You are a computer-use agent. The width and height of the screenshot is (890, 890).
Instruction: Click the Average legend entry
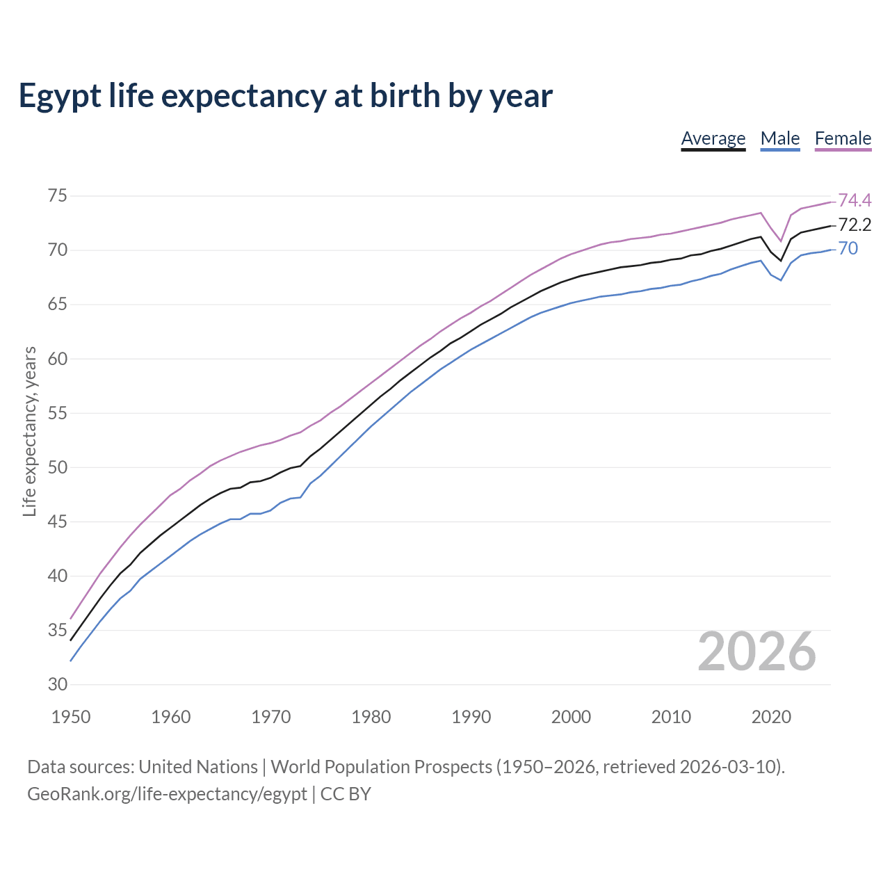(x=713, y=138)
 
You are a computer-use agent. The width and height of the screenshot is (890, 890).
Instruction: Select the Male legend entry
(x=779, y=138)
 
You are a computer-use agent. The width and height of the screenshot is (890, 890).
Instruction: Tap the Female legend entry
(x=843, y=138)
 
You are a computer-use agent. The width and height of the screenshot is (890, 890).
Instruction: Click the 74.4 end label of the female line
(x=855, y=200)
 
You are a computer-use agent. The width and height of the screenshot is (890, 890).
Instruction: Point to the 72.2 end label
(x=855, y=225)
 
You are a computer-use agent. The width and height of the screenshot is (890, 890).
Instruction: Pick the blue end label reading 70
(x=848, y=249)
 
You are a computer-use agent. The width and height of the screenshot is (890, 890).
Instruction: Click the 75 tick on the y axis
(x=58, y=196)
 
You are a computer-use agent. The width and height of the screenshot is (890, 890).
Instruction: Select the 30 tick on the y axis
(x=58, y=684)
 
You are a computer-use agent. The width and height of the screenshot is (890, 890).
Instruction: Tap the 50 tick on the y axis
(x=58, y=467)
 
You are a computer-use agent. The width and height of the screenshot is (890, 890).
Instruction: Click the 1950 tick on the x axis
(x=71, y=717)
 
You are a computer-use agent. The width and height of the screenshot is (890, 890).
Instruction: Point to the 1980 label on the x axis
(x=371, y=717)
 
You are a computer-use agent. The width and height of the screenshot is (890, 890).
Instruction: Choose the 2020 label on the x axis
(x=771, y=717)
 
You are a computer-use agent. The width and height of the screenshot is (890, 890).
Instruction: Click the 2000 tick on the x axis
(x=571, y=717)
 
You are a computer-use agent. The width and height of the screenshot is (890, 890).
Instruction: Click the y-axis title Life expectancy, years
(x=29, y=432)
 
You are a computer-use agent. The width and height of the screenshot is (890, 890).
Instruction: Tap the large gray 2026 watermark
(x=756, y=652)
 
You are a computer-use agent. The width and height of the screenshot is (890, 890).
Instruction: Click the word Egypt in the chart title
(x=62, y=96)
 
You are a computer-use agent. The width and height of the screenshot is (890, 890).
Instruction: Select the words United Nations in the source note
(x=198, y=767)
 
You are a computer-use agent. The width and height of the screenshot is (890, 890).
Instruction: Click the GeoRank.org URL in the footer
(x=167, y=794)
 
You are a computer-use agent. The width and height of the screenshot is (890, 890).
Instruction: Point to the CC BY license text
(x=346, y=794)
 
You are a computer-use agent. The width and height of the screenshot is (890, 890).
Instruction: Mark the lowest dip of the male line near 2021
(x=781, y=280)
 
